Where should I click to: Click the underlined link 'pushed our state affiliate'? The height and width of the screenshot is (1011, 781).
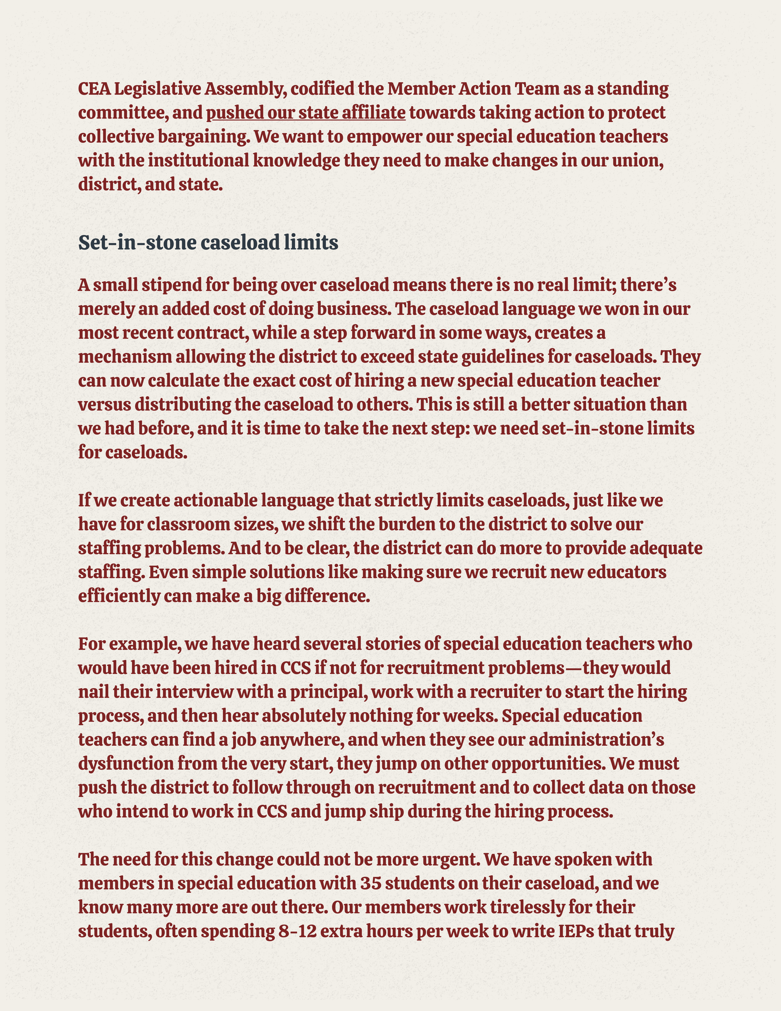click(x=305, y=113)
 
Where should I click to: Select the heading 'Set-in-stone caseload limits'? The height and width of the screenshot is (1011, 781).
click(x=208, y=242)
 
